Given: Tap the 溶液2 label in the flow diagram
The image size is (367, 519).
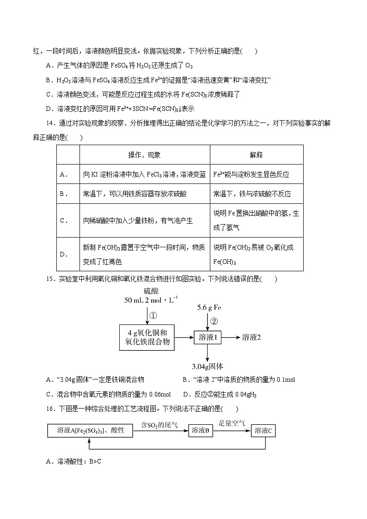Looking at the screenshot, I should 251,337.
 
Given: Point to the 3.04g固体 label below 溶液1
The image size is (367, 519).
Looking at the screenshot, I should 208,366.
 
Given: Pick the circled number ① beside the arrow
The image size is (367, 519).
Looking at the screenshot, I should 153,316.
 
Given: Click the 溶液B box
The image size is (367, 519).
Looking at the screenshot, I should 201,431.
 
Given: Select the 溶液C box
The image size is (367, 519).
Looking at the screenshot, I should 263,431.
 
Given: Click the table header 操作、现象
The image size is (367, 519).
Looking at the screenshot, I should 144,155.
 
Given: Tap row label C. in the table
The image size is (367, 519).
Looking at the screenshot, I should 64,220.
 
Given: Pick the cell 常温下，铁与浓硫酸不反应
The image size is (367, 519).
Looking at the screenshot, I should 252,194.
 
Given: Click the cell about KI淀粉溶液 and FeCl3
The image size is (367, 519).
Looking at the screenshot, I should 144,174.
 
